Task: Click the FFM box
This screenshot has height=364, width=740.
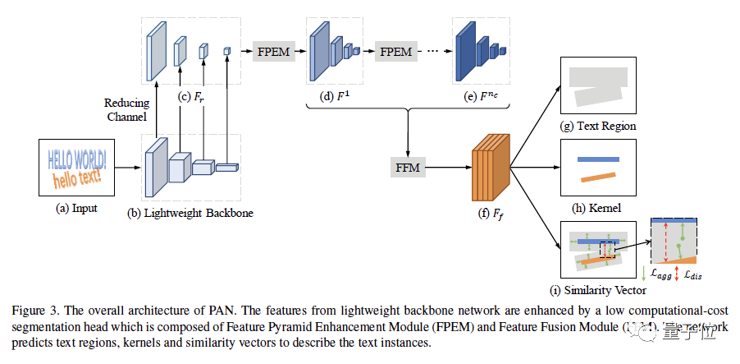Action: pos(407,168)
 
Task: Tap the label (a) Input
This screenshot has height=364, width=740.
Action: pos(76,208)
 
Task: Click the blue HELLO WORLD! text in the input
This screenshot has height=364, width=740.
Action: pos(76,158)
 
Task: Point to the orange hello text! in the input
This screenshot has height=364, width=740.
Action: pos(75,176)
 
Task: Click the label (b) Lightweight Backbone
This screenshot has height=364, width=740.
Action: pos(190,214)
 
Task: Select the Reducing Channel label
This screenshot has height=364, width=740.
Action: pos(126,109)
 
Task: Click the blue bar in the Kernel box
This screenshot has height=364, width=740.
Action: pos(597,159)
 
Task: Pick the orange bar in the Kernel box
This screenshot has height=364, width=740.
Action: pos(598,177)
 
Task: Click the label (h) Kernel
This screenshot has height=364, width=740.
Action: pos(597,208)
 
